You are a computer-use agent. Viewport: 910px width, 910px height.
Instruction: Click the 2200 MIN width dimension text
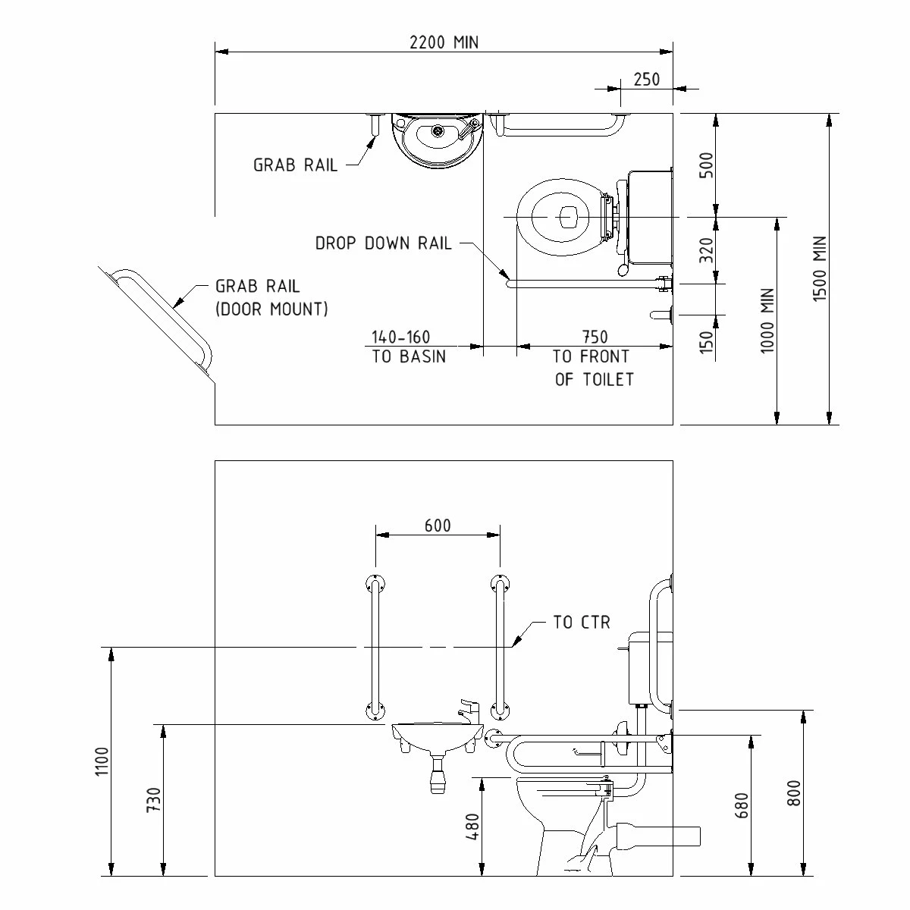(444, 42)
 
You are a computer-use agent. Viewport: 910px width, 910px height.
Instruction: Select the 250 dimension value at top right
(646, 79)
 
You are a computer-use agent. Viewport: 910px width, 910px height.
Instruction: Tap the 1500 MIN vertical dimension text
(820, 269)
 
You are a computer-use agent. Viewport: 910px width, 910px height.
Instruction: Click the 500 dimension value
(706, 165)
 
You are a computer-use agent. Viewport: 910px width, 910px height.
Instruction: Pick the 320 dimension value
(706, 250)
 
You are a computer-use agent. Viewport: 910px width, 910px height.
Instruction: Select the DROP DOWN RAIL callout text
(383, 243)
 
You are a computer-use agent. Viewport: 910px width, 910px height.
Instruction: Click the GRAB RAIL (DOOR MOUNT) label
(271, 297)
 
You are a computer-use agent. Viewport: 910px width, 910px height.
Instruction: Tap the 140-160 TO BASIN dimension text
(408, 347)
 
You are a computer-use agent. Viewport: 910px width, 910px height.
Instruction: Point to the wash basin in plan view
(437, 138)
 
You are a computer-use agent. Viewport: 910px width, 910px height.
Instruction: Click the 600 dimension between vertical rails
(438, 526)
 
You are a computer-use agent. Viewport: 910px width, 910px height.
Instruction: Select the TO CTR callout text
(582, 623)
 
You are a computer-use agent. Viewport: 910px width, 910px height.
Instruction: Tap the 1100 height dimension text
(104, 761)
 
